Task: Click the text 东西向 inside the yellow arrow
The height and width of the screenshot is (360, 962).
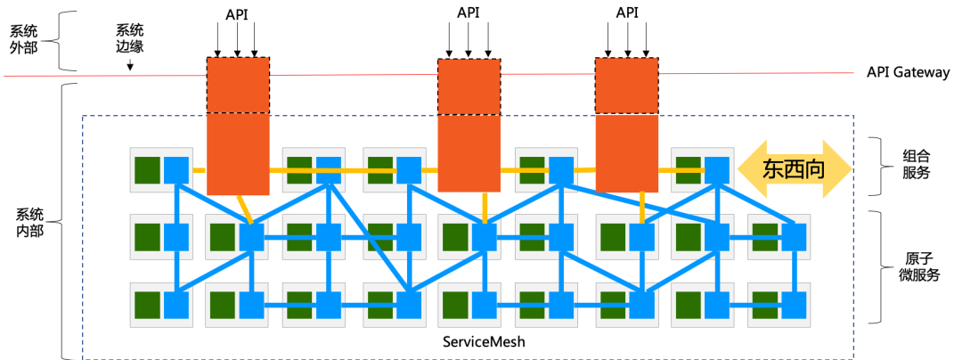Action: (x=793, y=169)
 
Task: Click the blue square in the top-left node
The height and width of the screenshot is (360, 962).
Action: (x=176, y=169)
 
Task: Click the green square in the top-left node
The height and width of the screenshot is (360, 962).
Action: (x=147, y=169)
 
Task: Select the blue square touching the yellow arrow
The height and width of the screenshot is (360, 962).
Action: (x=717, y=169)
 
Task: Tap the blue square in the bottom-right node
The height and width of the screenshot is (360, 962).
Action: (x=794, y=306)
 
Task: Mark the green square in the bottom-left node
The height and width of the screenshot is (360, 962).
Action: (x=147, y=306)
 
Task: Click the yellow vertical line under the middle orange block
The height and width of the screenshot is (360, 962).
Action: (x=485, y=207)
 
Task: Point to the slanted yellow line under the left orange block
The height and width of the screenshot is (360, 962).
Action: (x=243, y=209)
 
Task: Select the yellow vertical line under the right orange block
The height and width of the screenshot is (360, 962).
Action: (x=642, y=208)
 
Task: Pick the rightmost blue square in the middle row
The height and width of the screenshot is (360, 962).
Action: (x=794, y=237)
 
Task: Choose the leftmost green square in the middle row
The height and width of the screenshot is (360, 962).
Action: (x=147, y=237)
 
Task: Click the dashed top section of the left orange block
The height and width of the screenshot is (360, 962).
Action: (x=239, y=85)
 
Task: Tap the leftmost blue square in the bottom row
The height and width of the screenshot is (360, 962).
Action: (x=176, y=306)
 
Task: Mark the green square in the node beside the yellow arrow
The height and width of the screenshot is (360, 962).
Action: (x=688, y=169)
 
